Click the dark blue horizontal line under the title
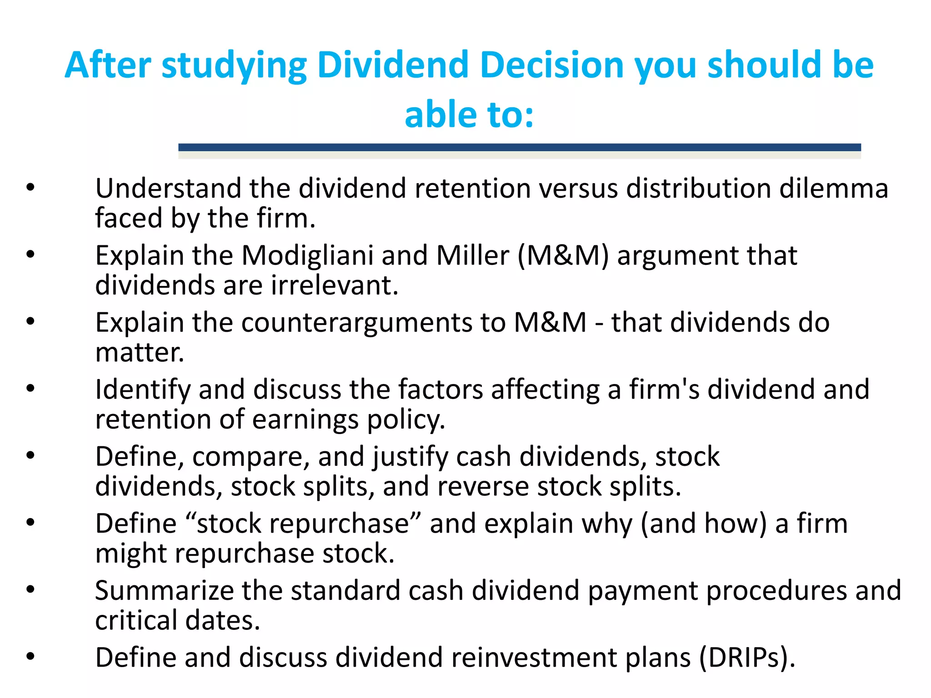click(519, 147)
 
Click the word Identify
click(142, 390)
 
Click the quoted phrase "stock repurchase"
click(304, 524)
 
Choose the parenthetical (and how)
click(704, 524)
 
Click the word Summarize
click(164, 591)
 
